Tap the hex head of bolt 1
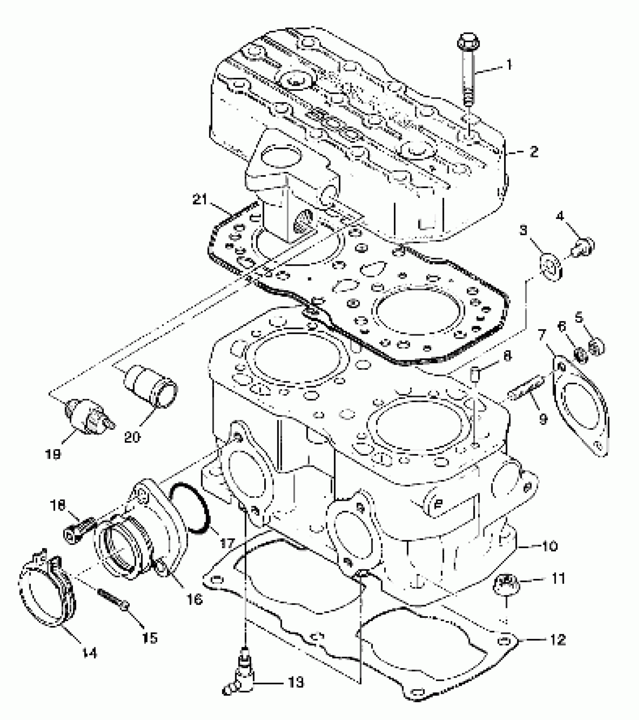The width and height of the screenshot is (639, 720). pos(468,41)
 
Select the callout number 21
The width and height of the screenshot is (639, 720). pos(200,199)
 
